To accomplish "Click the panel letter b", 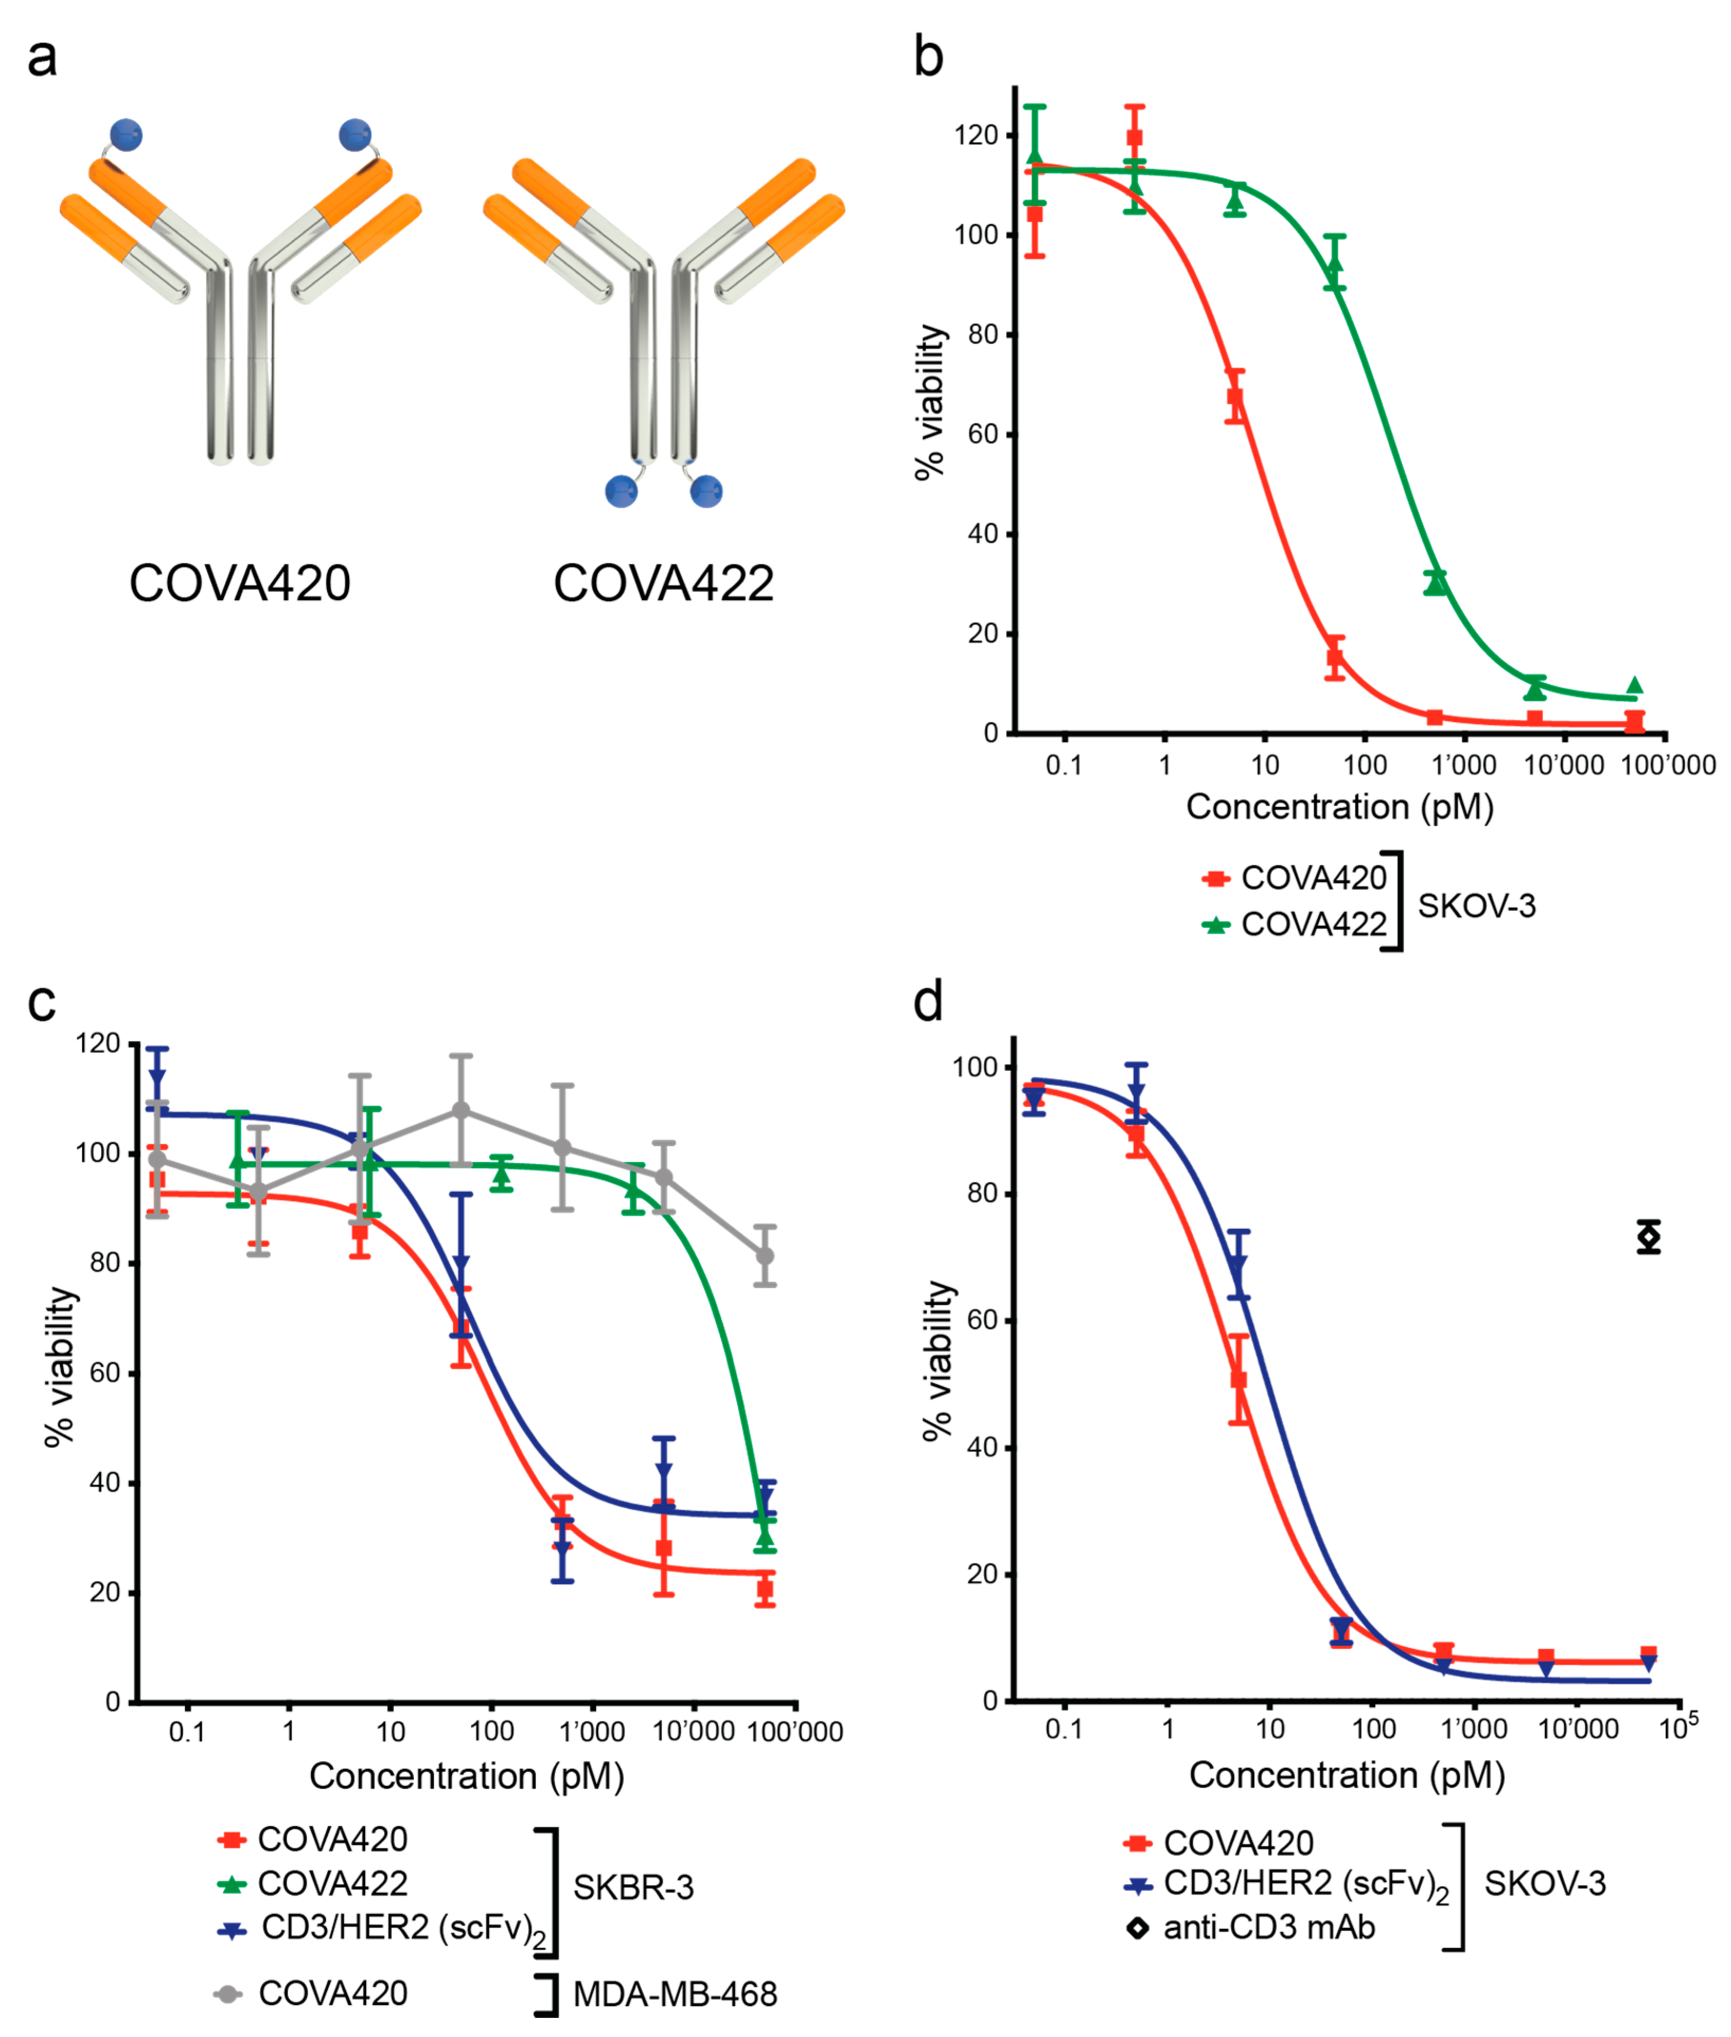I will click(928, 56).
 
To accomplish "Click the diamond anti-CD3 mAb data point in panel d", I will click(1648, 1237).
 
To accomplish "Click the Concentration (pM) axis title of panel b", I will click(1339, 807).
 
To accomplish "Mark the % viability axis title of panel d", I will click(939, 1360).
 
